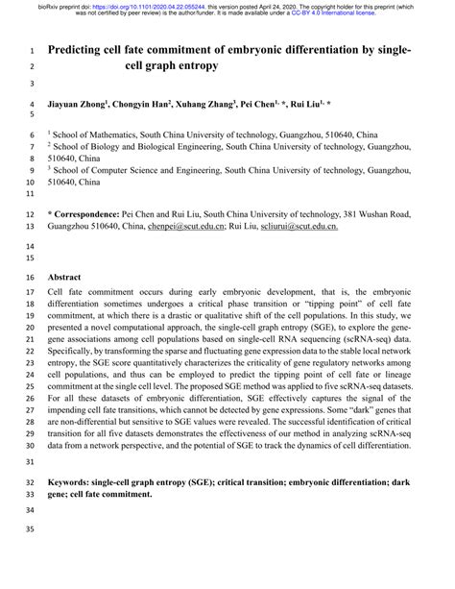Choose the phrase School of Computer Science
point(124,167)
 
